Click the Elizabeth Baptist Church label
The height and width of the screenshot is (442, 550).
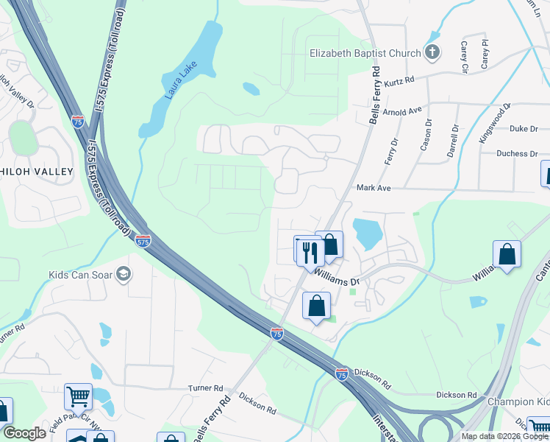click(365, 53)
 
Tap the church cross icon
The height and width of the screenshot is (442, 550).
click(432, 52)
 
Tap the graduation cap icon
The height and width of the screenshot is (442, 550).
click(124, 275)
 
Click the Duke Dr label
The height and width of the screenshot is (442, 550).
click(524, 129)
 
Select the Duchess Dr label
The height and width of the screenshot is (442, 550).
click(518, 154)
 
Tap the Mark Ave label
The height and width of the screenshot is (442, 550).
click(373, 189)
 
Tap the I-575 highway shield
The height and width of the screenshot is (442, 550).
click(143, 240)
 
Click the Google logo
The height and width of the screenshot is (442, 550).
click(24, 433)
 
